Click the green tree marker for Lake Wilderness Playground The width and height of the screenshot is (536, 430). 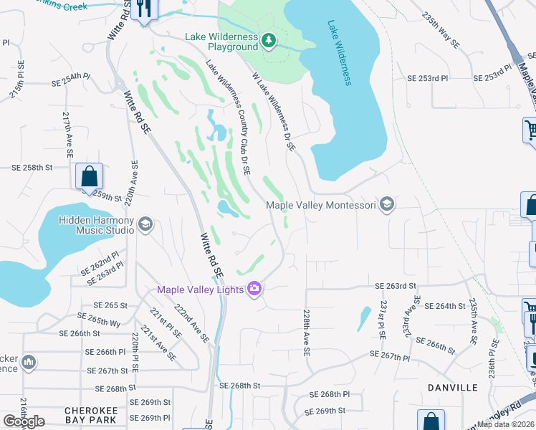[269, 39]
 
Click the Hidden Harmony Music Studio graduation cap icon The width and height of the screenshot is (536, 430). [145, 225]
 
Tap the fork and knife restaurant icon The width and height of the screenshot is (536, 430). [144, 9]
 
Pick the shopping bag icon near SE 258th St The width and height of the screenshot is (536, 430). [90, 176]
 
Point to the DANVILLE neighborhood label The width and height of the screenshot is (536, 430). [452, 388]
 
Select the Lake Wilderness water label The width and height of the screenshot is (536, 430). [340, 52]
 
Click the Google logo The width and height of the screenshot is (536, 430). [24, 421]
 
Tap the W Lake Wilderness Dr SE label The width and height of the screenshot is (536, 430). [273, 110]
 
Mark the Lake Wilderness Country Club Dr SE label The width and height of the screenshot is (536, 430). [228, 117]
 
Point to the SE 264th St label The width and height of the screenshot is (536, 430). [444, 306]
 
